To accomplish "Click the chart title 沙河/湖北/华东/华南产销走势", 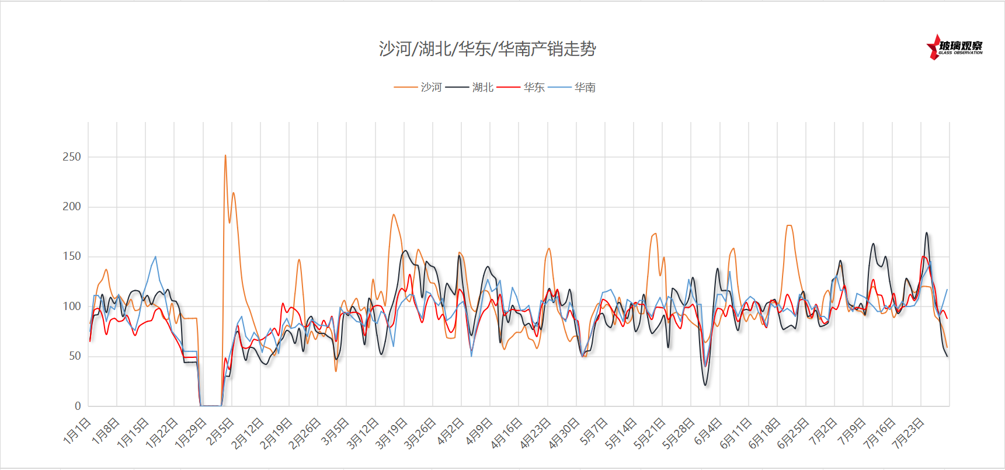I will tap(487, 48).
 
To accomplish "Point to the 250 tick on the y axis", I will tap(72, 156).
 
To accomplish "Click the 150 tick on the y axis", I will tap(72, 256).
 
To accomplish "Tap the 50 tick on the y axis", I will tap(74, 356).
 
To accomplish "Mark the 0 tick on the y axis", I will tap(78, 406).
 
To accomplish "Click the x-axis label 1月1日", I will tap(77, 431).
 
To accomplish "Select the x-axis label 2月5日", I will tap(221, 431).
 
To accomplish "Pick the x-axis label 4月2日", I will tap(450, 431).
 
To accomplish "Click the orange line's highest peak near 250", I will tap(225, 155).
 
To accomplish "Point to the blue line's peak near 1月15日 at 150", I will tap(155, 257).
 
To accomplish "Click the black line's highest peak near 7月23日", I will tap(926, 233).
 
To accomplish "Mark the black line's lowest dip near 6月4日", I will tap(705, 385).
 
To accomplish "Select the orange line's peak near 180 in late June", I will tap(789, 225).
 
